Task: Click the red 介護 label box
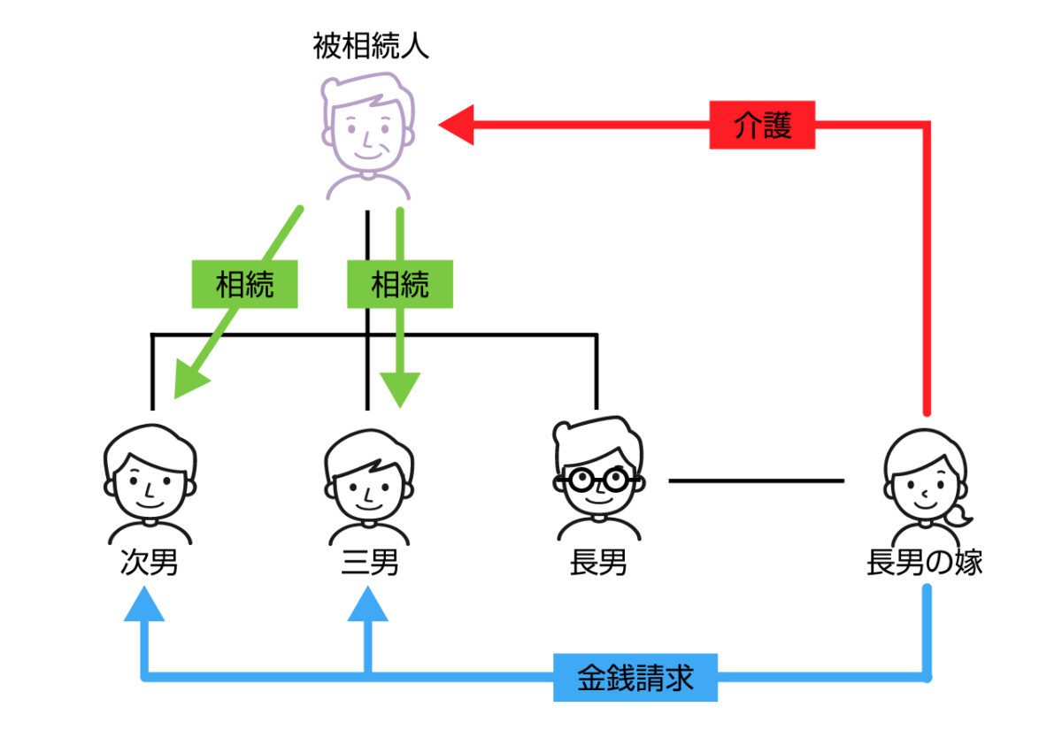pos(762,126)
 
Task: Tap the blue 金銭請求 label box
pos(635,679)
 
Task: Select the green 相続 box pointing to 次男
pos(244,285)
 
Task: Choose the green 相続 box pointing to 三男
pos(399,285)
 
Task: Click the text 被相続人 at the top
pos(371,46)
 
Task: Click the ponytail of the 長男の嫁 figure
pos(959,514)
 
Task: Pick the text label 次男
pos(149,564)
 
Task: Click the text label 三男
pos(369,564)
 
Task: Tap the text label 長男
pos(598,564)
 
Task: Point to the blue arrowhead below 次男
pos(143,606)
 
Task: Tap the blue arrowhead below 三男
pos(368,606)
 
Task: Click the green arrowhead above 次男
pos(189,385)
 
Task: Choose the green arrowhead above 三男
pos(400,389)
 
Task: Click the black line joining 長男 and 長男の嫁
pos(756,481)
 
